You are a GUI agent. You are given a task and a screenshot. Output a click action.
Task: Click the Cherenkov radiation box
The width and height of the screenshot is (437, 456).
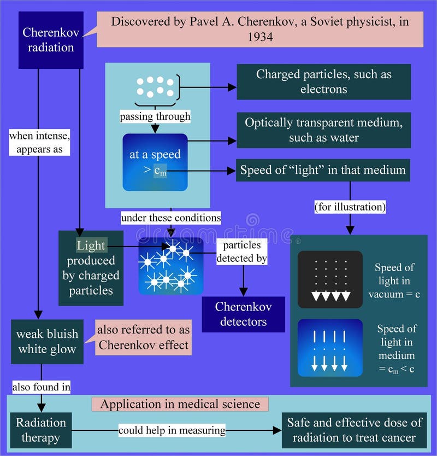[x=51, y=40]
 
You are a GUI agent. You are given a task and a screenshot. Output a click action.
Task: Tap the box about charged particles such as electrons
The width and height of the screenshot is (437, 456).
[x=323, y=81]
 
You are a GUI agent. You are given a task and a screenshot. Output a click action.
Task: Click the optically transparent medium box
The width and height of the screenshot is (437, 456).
[x=323, y=130]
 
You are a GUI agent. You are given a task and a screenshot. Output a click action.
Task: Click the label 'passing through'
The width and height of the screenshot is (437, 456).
[x=156, y=116]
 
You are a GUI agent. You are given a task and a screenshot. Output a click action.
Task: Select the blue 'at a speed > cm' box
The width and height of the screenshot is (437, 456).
[x=155, y=162]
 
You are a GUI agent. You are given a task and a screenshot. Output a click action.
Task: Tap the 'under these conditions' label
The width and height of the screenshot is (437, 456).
[x=170, y=218]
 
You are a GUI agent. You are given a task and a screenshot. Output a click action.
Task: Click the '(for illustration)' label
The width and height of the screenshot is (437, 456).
[x=350, y=208]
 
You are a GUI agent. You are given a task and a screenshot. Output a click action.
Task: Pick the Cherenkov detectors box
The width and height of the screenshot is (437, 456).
[x=243, y=314]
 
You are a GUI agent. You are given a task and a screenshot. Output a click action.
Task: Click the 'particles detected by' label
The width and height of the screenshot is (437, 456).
[x=241, y=251]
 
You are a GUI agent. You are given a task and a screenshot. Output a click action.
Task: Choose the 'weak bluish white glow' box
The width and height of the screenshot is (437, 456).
[x=47, y=342]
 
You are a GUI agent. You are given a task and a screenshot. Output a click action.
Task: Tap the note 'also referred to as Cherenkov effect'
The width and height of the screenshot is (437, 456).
[x=143, y=337]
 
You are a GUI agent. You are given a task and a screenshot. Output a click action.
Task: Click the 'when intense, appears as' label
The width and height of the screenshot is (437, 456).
[x=39, y=142]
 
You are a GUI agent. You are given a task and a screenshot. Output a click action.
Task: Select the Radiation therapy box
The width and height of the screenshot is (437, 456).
[x=40, y=430]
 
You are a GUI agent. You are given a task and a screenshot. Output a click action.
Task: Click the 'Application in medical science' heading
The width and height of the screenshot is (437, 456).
[x=180, y=405]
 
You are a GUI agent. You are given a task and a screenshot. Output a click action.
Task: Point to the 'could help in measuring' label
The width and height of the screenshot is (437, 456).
[x=172, y=430]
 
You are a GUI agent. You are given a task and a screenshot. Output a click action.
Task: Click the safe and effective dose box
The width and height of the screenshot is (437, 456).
[x=355, y=430]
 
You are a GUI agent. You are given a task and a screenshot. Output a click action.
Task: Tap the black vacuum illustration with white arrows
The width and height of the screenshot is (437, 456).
[x=330, y=279]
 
